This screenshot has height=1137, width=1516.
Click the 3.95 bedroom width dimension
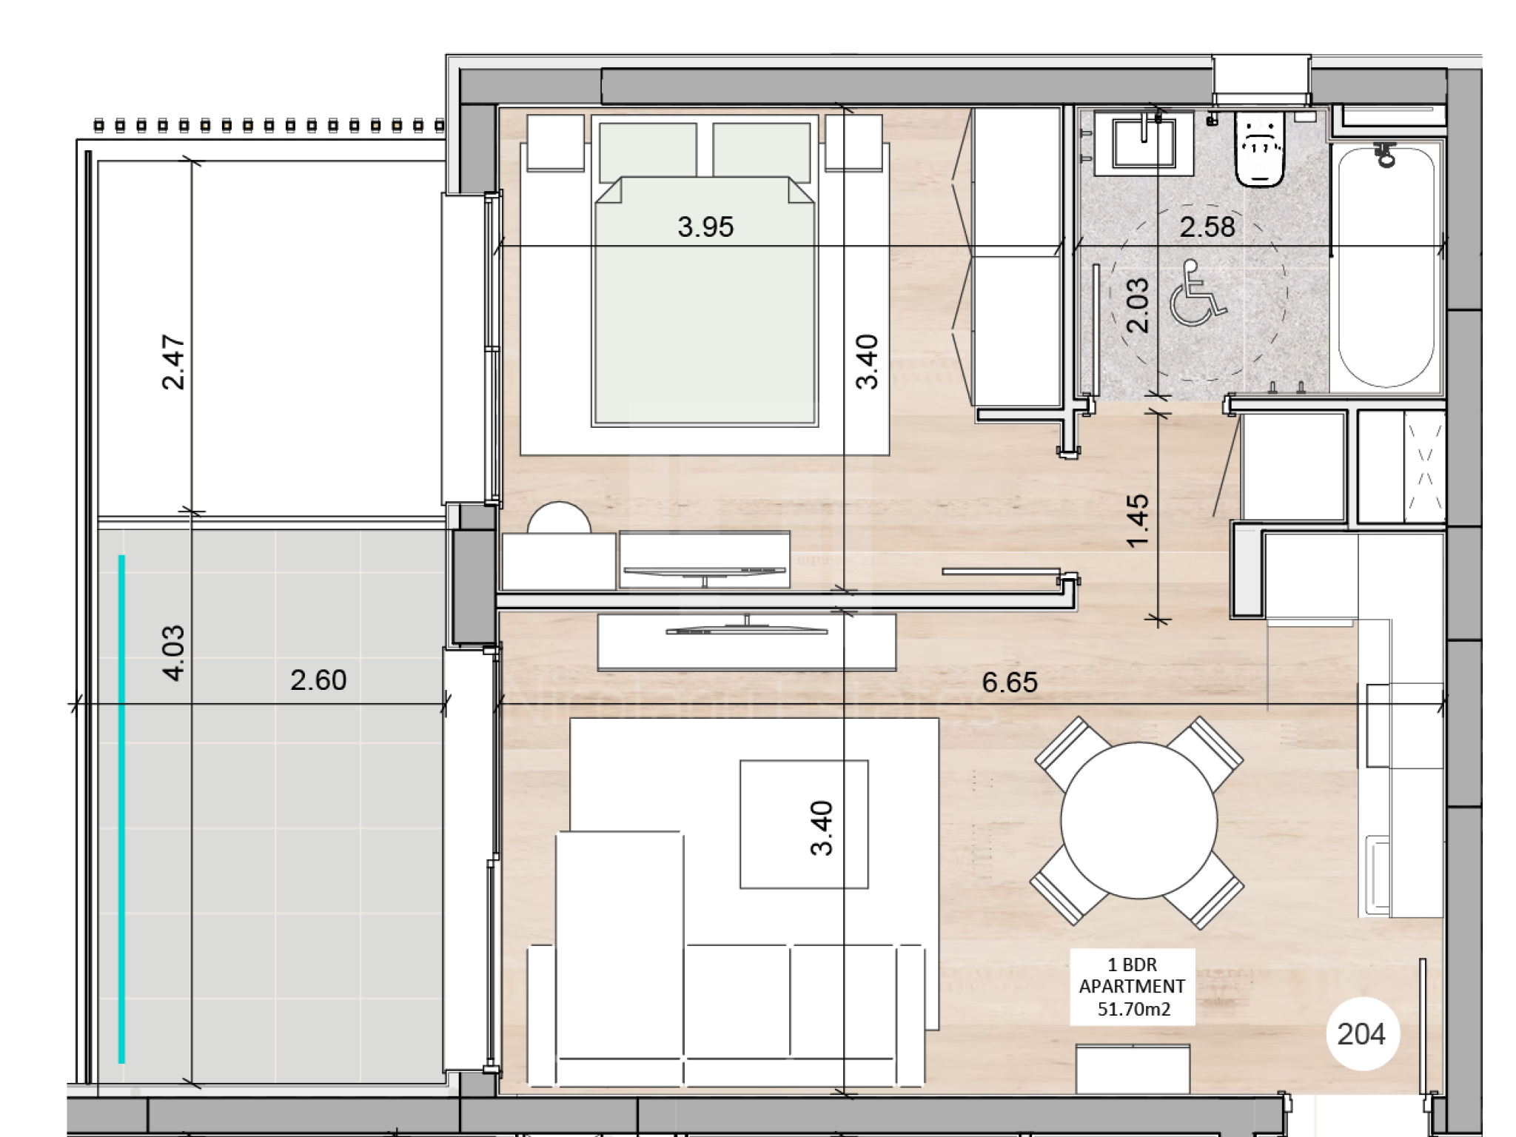[x=705, y=227]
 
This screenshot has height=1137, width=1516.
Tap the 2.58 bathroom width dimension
[x=1207, y=227]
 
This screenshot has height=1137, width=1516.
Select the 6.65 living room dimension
[x=1010, y=682]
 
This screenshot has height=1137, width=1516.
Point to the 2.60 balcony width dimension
[x=318, y=680]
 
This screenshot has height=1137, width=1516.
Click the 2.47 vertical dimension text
[x=173, y=362]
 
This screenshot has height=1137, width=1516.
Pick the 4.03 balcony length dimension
[x=173, y=653]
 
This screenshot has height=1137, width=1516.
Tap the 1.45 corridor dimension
[x=1138, y=521]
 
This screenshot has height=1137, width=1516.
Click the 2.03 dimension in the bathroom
[x=1138, y=305]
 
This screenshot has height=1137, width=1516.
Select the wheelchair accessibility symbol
[x=1197, y=293]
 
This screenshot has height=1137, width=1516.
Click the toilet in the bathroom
[x=1259, y=149]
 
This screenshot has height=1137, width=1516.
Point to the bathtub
[x=1386, y=267]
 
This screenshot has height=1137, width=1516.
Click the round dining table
[x=1139, y=820]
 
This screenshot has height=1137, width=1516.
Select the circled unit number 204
[x=1362, y=1034]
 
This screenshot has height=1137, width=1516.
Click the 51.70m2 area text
[x=1133, y=1009]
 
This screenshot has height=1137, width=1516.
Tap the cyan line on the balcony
[x=121, y=809]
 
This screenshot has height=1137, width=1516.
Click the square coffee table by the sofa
[x=804, y=824]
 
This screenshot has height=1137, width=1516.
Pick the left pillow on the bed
[x=648, y=152]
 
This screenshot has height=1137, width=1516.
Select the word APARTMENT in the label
[x=1132, y=987]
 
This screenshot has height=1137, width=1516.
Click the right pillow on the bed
[x=762, y=152]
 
